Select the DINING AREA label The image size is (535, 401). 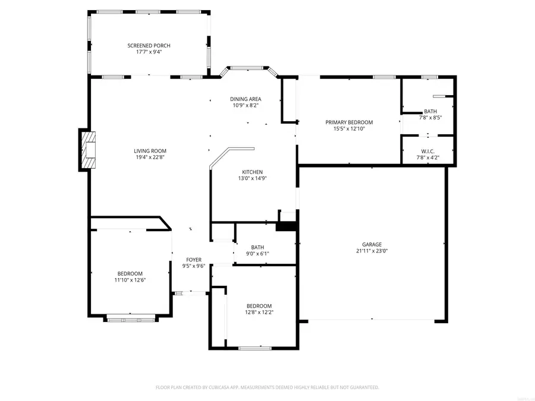(246, 99)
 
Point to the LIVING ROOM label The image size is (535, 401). (150, 151)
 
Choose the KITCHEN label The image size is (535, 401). (252, 172)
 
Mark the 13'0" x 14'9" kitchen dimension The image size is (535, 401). (252, 178)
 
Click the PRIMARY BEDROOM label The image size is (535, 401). (349, 122)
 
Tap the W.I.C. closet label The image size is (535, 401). (428, 151)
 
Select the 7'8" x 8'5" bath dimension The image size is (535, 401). (430, 118)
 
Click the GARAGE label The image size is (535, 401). (372, 244)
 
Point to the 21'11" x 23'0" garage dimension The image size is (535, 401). (372, 251)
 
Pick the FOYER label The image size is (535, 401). (194, 260)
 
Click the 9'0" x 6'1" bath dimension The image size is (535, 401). (257, 254)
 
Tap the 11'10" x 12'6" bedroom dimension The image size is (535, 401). (130, 280)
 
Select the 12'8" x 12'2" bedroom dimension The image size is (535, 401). (259, 312)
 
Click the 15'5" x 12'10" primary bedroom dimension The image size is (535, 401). (349, 128)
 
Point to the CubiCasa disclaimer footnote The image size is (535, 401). (267, 387)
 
